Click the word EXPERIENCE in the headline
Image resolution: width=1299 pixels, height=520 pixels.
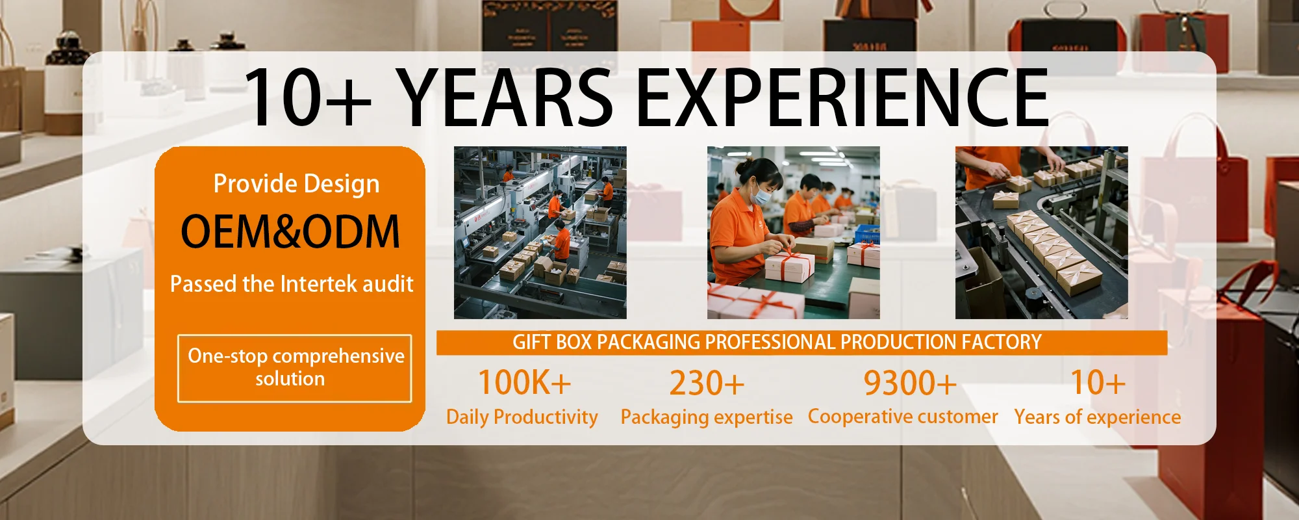tap(841, 97)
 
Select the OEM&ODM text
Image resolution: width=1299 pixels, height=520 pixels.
tap(290, 231)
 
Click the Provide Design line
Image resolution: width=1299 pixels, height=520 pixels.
tap(296, 184)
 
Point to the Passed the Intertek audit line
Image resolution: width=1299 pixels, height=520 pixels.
tap(292, 284)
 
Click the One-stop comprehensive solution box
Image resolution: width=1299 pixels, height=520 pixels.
tap(294, 368)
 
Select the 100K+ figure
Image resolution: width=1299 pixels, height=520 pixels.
tap(524, 382)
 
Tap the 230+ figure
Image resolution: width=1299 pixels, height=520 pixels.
tap(707, 383)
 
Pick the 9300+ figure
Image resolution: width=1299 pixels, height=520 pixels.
tap(909, 383)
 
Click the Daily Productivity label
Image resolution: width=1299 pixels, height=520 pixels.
tap(522, 417)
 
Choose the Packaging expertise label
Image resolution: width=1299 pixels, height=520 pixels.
tap(707, 417)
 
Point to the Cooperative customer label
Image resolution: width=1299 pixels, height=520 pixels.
tap(903, 416)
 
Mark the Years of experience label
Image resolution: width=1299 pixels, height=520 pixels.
tap(1098, 417)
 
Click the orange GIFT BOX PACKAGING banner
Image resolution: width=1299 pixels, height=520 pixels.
tap(801, 343)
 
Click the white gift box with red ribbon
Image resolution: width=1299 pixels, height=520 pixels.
tap(790, 266)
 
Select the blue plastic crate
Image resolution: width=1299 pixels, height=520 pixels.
tap(866, 234)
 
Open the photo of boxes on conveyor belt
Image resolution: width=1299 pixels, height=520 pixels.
tap(1041, 233)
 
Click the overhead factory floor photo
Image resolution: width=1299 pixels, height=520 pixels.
tap(540, 233)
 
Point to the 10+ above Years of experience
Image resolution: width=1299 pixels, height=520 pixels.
tap(1098, 382)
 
